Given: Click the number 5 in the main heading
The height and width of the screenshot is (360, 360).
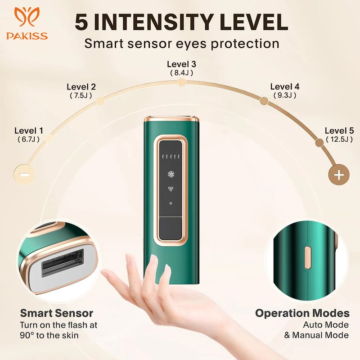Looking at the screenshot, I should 81,22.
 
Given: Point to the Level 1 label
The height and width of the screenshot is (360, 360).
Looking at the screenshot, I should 29,130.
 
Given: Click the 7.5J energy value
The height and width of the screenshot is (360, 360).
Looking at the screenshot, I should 81,95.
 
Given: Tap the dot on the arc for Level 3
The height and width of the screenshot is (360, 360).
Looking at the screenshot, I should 181,82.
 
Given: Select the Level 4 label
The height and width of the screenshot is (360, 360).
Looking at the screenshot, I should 284,87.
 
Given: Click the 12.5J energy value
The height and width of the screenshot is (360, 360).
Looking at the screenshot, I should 339,139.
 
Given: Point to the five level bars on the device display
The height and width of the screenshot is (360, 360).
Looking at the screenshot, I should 171,157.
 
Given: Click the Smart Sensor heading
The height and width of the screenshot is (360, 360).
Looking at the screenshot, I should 56,313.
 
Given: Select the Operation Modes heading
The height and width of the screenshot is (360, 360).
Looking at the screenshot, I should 302,313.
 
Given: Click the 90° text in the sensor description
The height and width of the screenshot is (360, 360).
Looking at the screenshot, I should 28,335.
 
